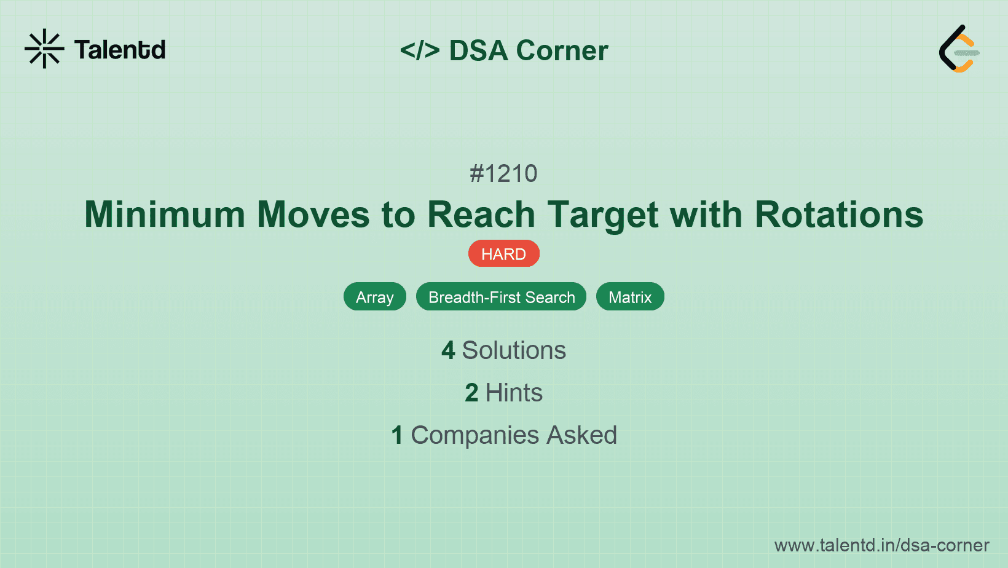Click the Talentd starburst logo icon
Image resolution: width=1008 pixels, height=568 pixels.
[44, 49]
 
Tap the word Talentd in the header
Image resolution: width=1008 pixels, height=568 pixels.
[120, 50]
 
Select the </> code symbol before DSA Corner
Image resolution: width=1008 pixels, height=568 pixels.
[420, 50]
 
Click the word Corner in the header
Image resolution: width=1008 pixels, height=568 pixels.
[562, 50]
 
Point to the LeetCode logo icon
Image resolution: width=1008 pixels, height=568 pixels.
[959, 49]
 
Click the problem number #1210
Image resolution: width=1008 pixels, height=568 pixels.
[503, 174]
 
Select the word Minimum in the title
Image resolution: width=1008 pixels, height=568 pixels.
[165, 215]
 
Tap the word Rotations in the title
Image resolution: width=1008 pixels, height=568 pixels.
[838, 215]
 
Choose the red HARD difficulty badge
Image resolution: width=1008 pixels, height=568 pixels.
[503, 254]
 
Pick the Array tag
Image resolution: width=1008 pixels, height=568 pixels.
[374, 297]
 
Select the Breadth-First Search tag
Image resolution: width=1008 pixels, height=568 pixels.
[501, 297]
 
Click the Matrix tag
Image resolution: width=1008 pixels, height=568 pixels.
[630, 297]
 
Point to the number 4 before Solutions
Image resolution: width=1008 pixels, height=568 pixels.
[448, 350]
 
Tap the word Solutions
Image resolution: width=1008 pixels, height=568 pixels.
[514, 350]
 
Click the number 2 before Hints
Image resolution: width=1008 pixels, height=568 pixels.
[471, 393]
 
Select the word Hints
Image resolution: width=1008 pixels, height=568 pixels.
[514, 393]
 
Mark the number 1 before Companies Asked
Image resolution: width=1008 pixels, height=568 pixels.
[397, 435]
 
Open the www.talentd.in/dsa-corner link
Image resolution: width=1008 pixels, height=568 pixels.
[881, 545]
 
